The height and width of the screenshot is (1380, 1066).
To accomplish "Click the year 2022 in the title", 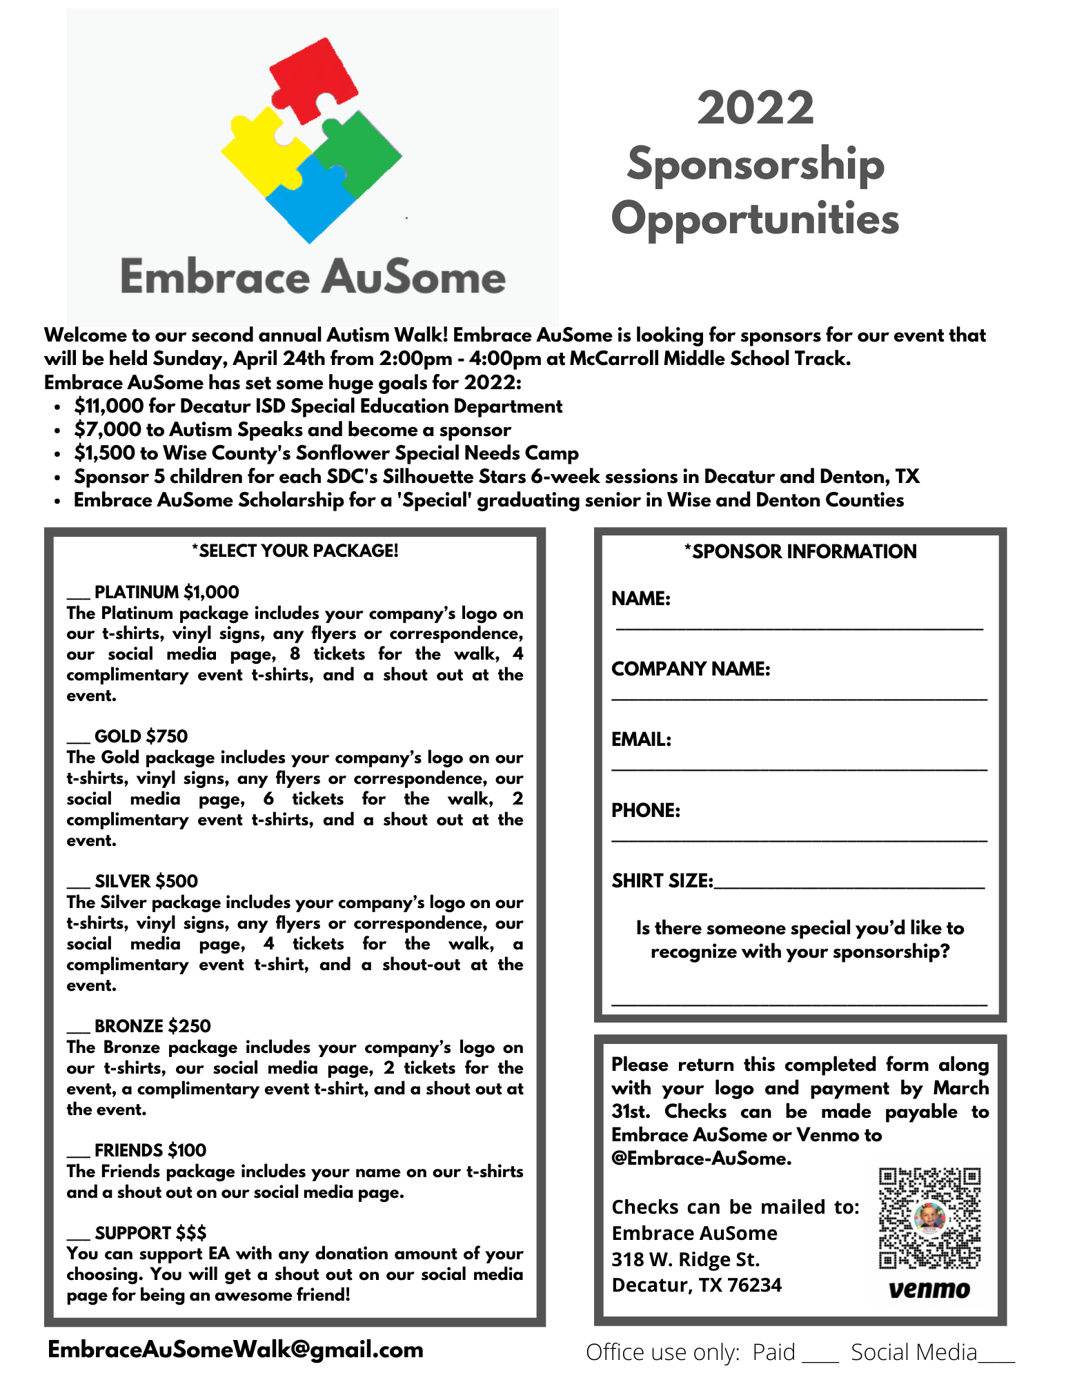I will (756, 108).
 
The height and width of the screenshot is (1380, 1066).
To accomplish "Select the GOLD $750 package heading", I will (141, 736).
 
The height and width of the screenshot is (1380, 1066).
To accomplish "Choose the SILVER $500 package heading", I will (146, 881).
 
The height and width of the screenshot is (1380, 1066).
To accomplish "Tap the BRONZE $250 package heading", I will (152, 1026).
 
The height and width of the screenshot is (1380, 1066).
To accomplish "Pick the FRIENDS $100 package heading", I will (150, 1150).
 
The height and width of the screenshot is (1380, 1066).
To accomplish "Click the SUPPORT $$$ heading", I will (150, 1233).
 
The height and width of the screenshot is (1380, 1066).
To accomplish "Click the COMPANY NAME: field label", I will (691, 669).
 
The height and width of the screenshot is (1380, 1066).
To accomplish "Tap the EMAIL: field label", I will (641, 740).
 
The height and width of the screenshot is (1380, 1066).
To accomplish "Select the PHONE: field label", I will (646, 810).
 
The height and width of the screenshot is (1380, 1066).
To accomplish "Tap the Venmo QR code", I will (929, 1219).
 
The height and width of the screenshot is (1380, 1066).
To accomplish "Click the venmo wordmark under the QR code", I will (929, 1290).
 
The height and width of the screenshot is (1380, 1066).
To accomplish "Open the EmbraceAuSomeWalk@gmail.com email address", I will (235, 1350).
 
